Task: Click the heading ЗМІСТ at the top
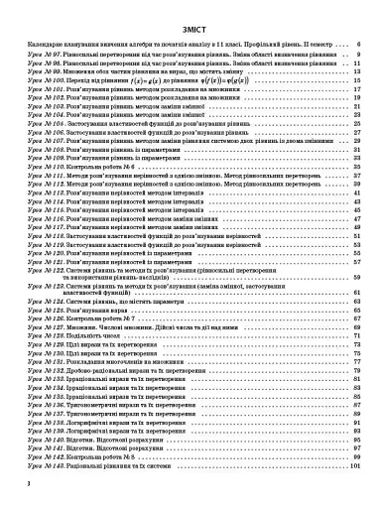(190, 30)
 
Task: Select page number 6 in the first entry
(358, 46)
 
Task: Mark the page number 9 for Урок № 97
(358, 55)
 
